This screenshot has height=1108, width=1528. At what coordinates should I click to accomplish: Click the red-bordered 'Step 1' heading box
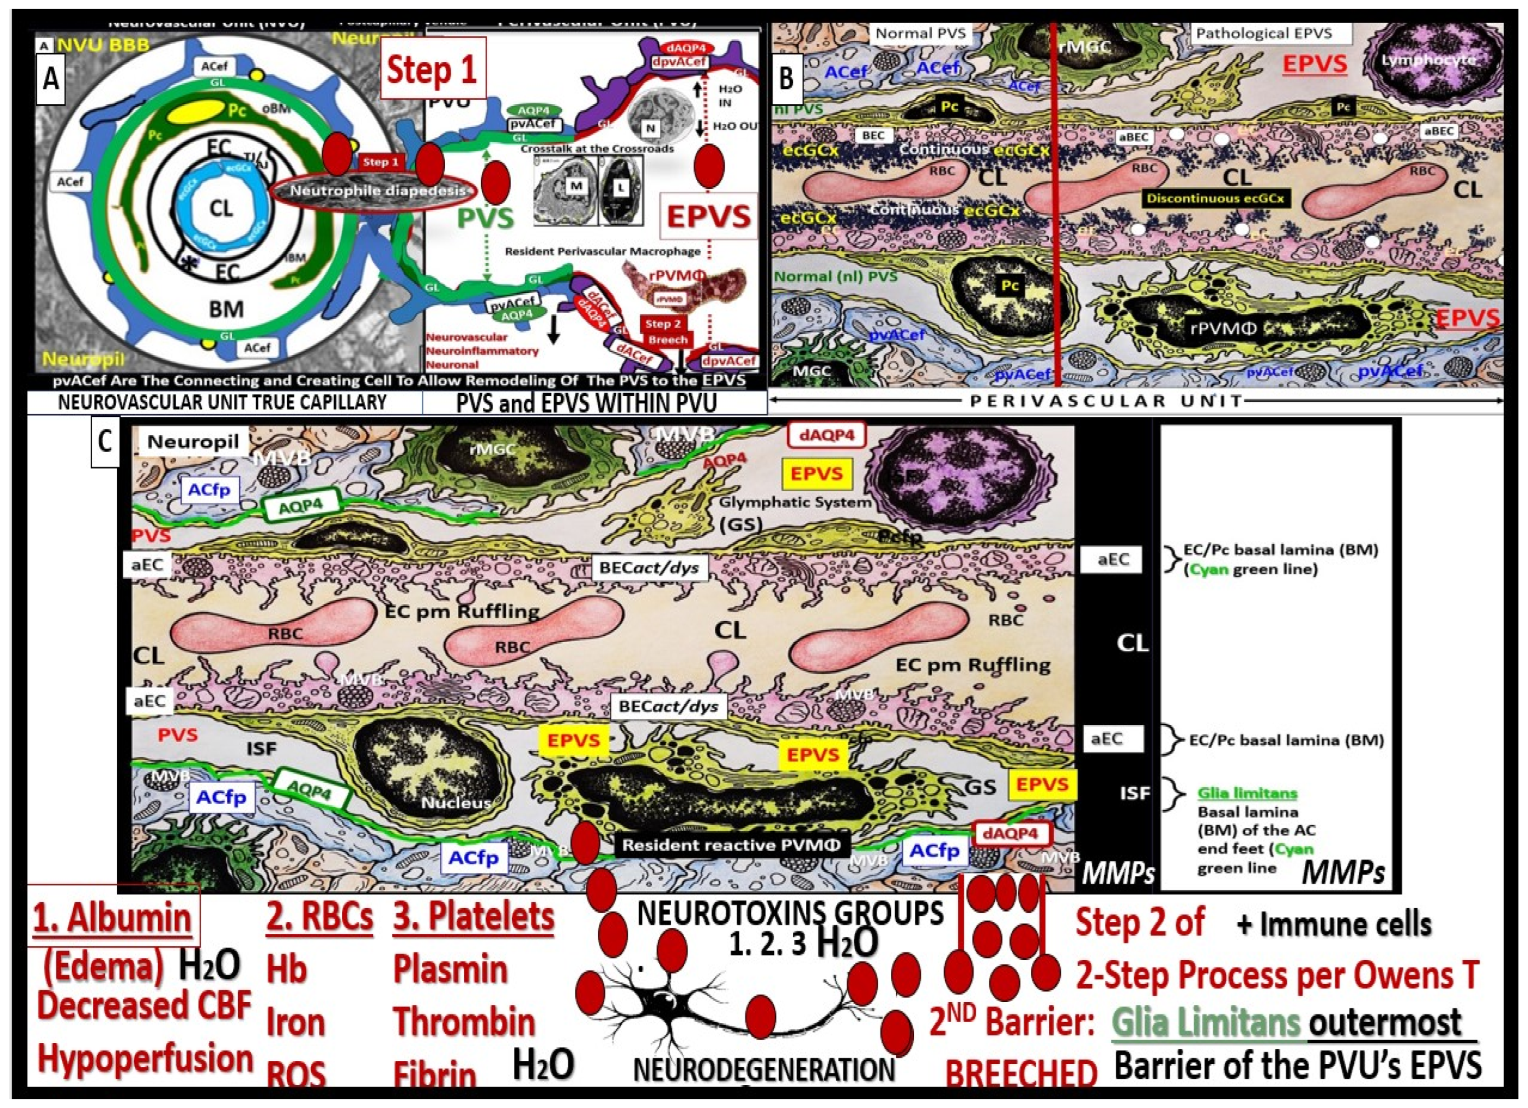click(432, 69)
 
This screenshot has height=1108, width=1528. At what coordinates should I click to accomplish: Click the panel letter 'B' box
click(786, 78)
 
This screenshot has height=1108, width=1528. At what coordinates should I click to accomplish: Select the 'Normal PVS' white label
click(920, 33)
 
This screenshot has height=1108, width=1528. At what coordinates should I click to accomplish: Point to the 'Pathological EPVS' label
click(1263, 33)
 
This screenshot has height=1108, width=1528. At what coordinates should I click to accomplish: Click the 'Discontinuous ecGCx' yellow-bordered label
click(1216, 199)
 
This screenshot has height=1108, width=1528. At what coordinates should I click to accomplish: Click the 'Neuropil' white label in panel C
click(193, 442)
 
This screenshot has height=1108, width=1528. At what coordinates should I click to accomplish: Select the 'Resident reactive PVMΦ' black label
click(731, 845)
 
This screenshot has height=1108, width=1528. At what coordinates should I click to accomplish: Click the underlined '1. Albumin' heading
click(112, 918)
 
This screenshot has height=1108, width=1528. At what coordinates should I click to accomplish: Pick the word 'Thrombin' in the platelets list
click(464, 1022)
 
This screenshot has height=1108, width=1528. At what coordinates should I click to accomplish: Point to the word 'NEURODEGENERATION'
click(765, 1069)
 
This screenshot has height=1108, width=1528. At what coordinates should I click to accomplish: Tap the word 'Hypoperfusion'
click(145, 1058)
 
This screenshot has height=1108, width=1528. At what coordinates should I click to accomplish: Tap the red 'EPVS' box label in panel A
click(709, 217)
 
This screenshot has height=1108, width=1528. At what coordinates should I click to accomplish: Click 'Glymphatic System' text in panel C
click(795, 502)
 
